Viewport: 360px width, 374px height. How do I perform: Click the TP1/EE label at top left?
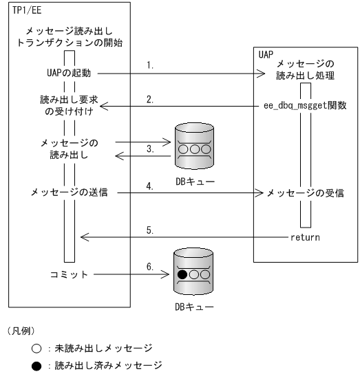27,10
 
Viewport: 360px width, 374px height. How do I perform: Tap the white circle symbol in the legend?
36,348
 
